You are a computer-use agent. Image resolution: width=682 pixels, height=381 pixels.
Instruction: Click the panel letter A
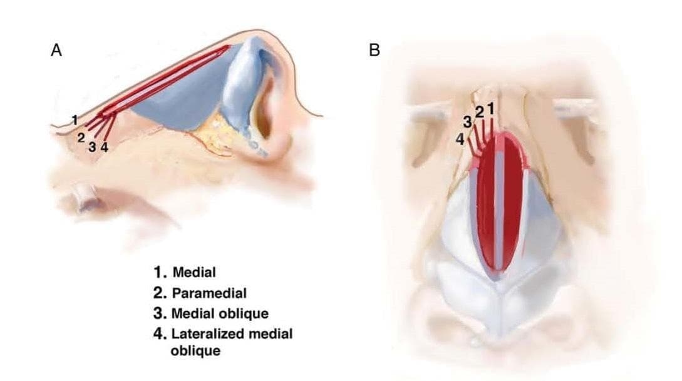pos(56,51)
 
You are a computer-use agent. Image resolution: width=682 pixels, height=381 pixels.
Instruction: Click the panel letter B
pos(375,51)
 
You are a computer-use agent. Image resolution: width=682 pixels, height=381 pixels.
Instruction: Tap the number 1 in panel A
pos(75,119)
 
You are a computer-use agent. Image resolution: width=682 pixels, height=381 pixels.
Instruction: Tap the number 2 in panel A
pos(81,138)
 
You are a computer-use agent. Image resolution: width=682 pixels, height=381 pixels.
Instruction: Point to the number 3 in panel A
pos(92,148)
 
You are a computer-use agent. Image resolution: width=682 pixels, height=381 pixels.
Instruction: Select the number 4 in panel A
pos(104,148)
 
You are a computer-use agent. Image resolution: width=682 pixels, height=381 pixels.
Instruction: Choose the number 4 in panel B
pos(460,141)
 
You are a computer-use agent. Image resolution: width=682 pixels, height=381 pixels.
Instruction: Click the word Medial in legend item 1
pos(194,272)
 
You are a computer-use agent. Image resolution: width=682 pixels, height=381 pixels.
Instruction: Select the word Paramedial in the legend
pos(209,292)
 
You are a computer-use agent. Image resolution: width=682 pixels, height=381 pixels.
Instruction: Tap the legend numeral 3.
pos(159,313)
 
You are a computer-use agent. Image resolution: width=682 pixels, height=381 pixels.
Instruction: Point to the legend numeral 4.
pos(159,333)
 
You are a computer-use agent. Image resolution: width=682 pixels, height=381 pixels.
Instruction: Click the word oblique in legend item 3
pos(247,313)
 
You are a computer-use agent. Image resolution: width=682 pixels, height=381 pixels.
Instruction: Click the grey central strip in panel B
pos(499,206)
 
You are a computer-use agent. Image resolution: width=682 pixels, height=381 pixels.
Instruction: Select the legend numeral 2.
pos(159,292)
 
